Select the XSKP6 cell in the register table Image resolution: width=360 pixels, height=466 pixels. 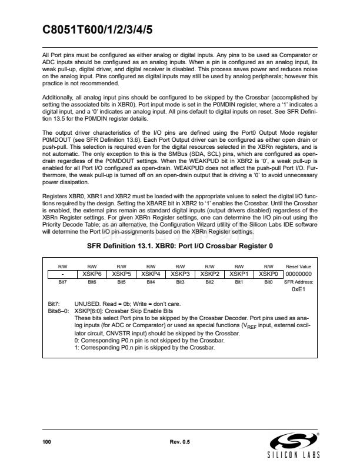pos(92,274)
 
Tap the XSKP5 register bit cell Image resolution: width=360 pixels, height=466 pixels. pos(121,274)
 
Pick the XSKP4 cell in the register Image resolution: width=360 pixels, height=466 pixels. pos(151,274)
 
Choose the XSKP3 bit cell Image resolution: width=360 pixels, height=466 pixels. pos(180,274)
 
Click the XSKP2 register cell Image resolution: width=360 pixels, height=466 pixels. pos(209,274)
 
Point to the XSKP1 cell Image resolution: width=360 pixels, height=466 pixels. pos(239,274)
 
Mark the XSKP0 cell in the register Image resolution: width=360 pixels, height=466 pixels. pos(268,274)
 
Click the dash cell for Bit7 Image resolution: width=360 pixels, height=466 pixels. pos(62,274)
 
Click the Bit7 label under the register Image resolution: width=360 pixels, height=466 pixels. pos(62,282)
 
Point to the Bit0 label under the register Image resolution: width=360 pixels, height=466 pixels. pos(268,282)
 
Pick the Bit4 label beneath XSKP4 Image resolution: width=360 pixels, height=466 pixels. pos(151,282)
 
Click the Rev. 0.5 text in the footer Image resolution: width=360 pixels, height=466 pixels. pos(179,441)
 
